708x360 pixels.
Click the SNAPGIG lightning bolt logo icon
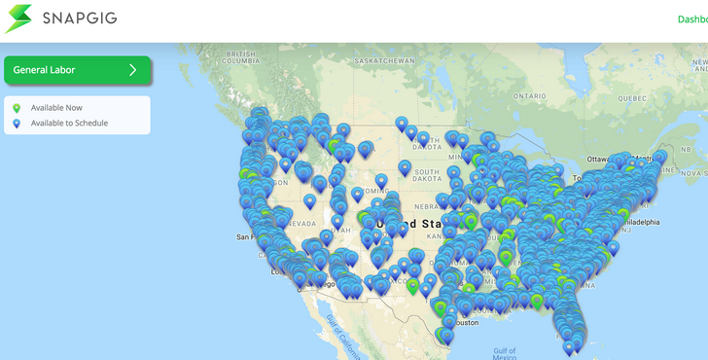coord(18,18)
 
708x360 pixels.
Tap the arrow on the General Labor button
coord(133,70)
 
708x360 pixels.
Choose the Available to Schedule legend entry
coord(69,124)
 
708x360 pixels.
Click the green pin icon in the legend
coord(16,107)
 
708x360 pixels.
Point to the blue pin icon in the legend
coord(16,124)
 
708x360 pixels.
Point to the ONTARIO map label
coord(531,95)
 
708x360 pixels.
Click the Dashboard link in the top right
coord(692,19)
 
